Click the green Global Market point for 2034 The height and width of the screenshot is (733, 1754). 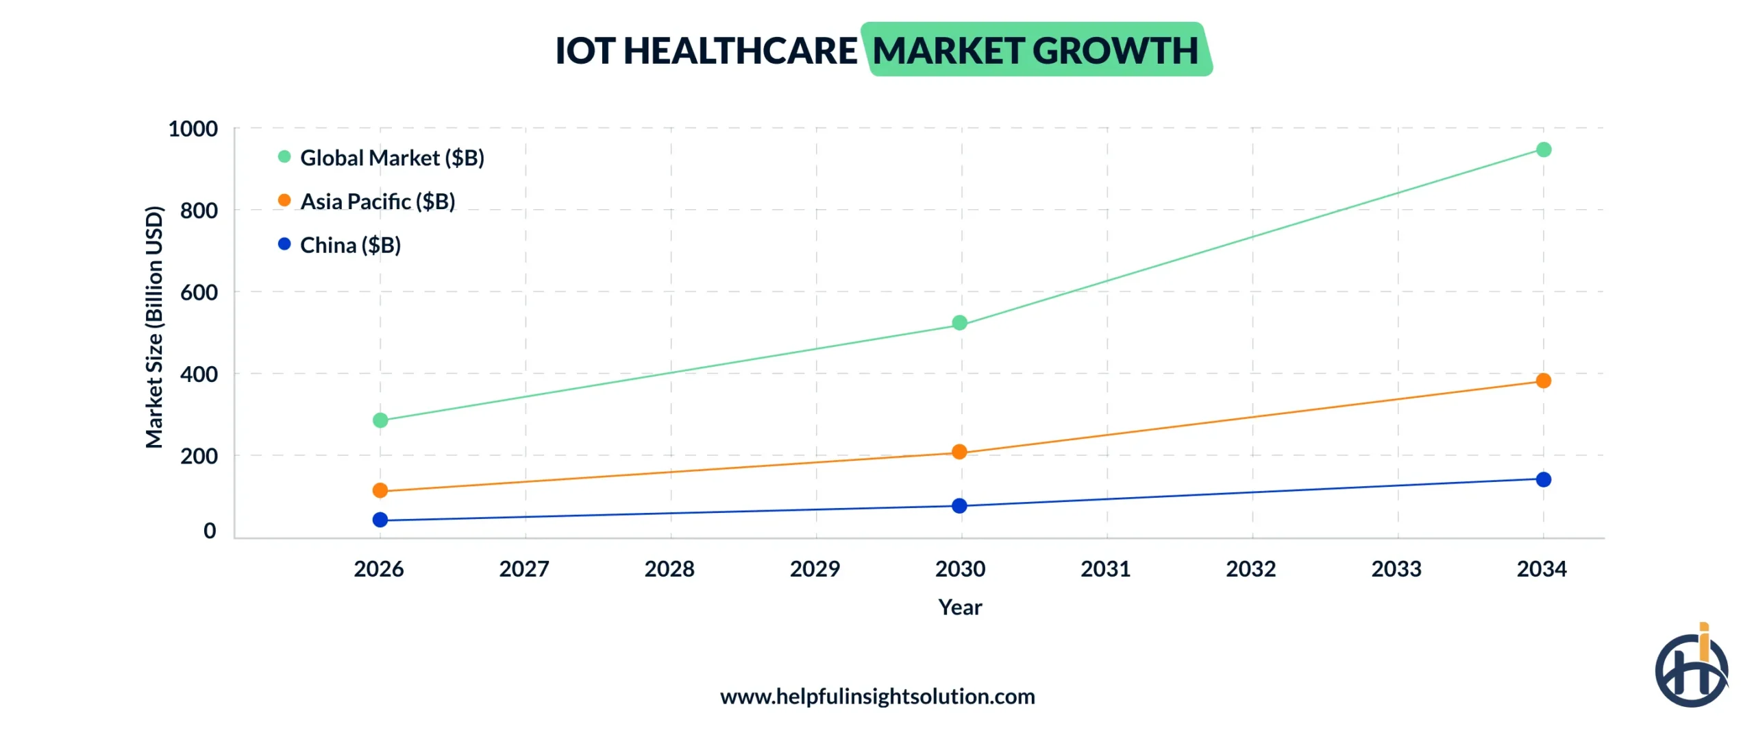[x=1543, y=149]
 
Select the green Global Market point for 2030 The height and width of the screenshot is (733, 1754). [x=959, y=322]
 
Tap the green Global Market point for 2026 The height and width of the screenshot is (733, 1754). [x=380, y=420]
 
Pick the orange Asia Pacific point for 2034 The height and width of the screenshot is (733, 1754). [x=1543, y=381]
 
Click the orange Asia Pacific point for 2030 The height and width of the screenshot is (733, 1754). [x=959, y=451]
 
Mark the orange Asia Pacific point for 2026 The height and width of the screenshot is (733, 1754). [x=380, y=490]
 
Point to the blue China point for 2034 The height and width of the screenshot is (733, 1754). [x=1543, y=479]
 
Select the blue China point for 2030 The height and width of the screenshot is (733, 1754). [x=959, y=505]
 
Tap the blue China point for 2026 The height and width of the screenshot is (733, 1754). [x=380, y=520]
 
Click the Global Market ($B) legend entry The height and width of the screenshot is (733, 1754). [x=391, y=158]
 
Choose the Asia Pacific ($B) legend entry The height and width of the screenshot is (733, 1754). [x=377, y=202]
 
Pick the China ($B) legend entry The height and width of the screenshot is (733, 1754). [x=349, y=245]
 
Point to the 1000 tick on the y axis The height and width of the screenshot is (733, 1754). [x=193, y=129]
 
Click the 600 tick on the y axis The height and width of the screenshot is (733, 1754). [x=199, y=293]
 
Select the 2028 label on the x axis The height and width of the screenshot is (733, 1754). [x=669, y=568]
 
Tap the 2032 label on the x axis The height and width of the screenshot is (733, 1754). [x=1250, y=568]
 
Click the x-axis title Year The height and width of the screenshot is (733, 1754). [x=960, y=607]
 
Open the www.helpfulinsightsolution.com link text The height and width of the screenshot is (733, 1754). [x=877, y=696]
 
